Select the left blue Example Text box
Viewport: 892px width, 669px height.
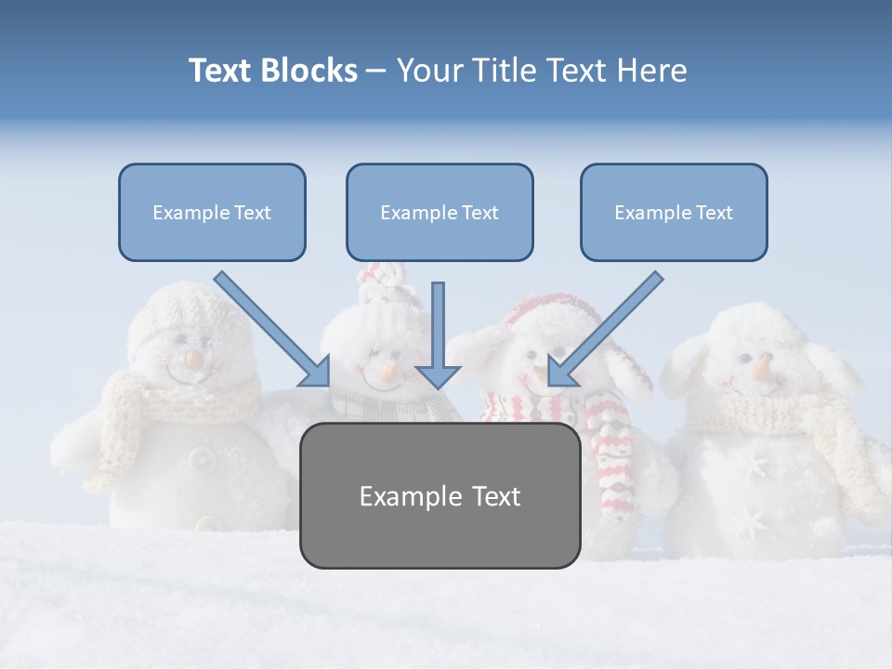pyautogui.click(x=212, y=213)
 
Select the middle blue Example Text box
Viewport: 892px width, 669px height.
pyautogui.click(x=439, y=213)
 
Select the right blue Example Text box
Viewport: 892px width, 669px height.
pyautogui.click(x=674, y=213)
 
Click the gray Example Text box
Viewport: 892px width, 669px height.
pyautogui.click(x=439, y=496)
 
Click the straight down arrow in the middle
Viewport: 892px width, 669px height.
pyautogui.click(x=438, y=334)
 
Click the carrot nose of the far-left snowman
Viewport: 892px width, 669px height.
pyautogui.click(x=193, y=358)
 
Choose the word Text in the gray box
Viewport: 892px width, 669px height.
pyautogui.click(x=489, y=496)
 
